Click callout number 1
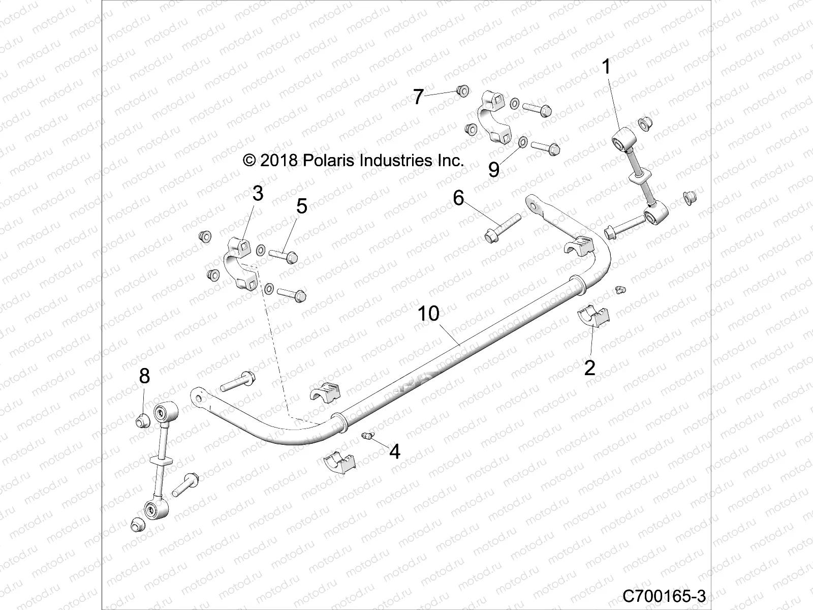606,67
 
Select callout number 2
589,367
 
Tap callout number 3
258,194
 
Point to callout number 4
395,451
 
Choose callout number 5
302,206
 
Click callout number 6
458,197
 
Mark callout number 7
418,97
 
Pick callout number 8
144,376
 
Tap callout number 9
493,169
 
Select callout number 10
428,314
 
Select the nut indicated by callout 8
143,420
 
